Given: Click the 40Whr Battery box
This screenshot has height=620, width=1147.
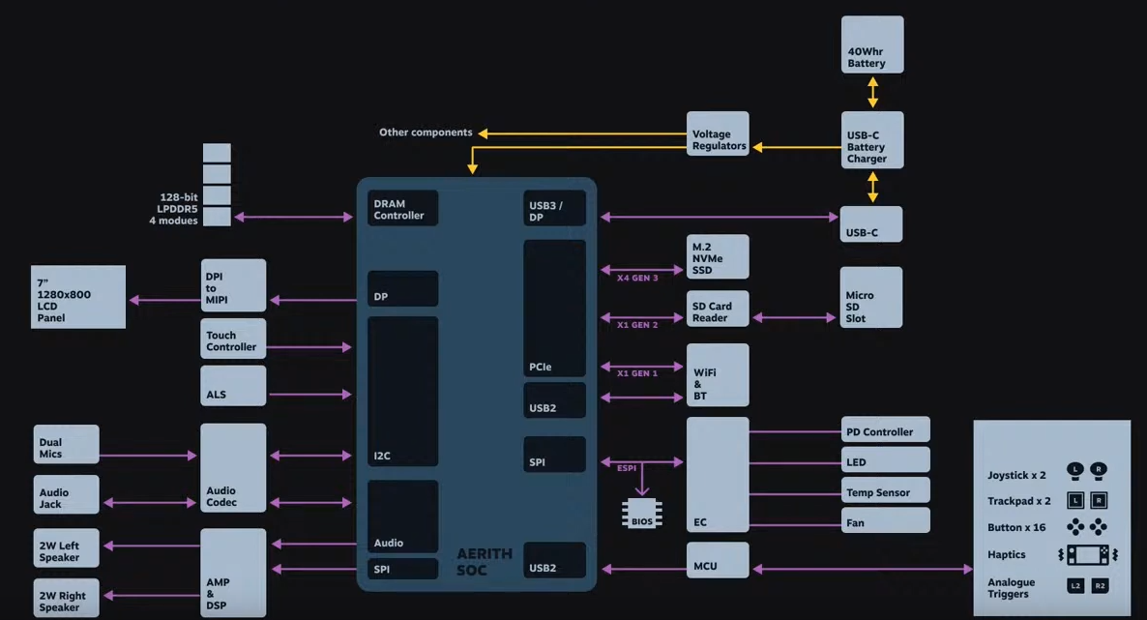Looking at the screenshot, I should tap(872, 44).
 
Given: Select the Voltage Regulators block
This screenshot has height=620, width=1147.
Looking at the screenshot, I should tap(719, 140).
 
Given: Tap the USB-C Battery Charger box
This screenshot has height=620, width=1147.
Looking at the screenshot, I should tap(872, 140).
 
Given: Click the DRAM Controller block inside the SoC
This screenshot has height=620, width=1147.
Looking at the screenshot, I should tap(403, 208).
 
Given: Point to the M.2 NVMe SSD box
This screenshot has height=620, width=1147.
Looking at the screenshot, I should tap(718, 257).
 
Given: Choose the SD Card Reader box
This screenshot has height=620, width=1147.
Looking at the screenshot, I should tap(718, 310).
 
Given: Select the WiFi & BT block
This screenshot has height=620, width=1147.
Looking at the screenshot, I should tap(718, 375).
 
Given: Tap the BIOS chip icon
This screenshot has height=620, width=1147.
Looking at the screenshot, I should tap(642, 514).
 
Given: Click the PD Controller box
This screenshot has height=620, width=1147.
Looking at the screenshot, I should tap(886, 431).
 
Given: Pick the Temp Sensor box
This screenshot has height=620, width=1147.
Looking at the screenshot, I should tap(886, 491).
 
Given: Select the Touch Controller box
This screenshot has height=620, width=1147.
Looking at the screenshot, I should tap(233, 340).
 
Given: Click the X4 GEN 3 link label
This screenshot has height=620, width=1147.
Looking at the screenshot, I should tap(637, 279).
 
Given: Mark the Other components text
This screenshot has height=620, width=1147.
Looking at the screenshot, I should tap(426, 133).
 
